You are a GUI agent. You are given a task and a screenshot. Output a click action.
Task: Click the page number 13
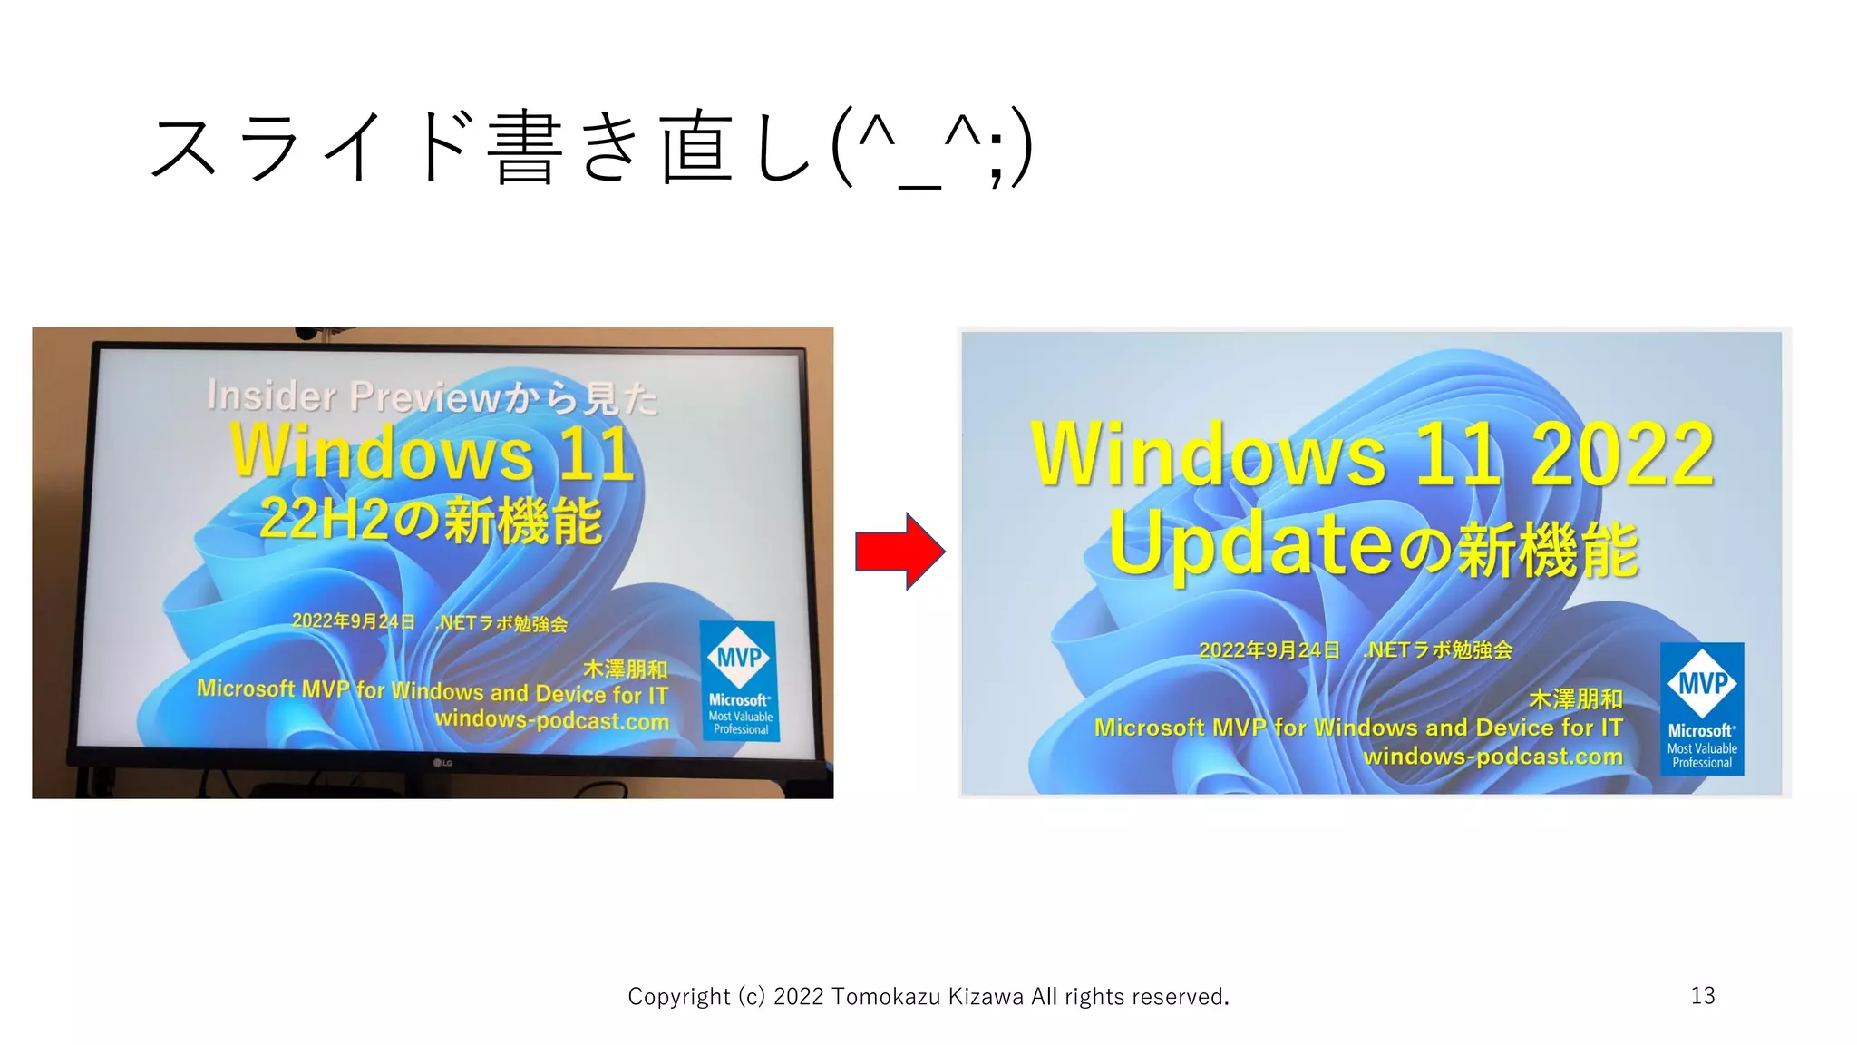1702,996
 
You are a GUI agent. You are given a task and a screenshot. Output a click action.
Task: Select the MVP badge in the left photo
739,680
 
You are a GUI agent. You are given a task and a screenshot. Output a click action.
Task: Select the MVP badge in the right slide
1702,708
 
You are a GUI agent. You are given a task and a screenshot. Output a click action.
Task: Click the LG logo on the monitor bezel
442,763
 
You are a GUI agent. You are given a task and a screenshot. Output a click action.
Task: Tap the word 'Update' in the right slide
1251,543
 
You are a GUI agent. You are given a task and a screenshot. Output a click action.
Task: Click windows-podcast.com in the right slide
1492,757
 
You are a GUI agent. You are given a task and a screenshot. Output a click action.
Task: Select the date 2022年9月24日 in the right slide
1269,650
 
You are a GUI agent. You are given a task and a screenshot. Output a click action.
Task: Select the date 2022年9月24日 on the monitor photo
353,621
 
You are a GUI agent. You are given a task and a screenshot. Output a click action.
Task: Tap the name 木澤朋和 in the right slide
1576,698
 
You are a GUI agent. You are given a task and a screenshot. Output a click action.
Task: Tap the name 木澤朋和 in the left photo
625,669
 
